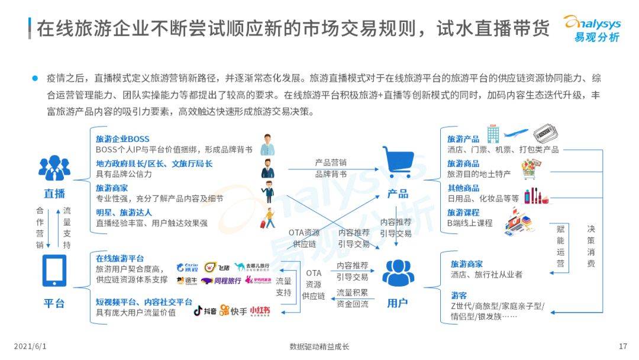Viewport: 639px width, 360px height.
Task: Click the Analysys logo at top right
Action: [591, 28]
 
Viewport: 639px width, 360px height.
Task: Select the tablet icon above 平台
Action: [54, 271]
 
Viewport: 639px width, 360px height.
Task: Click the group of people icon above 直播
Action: [54, 169]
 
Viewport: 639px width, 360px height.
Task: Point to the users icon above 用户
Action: [398, 272]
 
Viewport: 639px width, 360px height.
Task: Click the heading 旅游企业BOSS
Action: [122, 139]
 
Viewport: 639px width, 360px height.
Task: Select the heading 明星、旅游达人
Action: [124, 212]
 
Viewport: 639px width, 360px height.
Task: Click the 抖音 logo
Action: [204, 310]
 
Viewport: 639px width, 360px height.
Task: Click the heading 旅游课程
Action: [463, 212]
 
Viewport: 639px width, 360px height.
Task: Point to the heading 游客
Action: [459, 295]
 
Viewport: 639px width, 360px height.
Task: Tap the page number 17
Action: [622, 346]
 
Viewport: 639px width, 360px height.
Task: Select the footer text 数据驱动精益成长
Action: [319, 346]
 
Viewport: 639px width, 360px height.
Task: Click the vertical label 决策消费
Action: [591, 246]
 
